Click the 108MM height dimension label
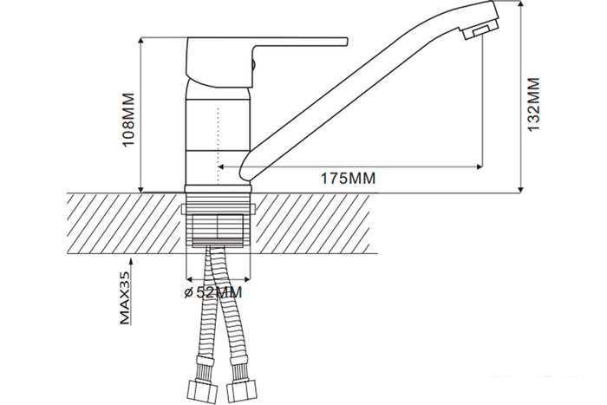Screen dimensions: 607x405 128,120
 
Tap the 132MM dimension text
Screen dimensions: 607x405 534,105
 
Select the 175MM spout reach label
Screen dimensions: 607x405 348,179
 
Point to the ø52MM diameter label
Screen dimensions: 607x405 213,292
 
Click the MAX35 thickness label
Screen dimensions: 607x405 125,297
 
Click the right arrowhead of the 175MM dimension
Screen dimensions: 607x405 480,167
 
